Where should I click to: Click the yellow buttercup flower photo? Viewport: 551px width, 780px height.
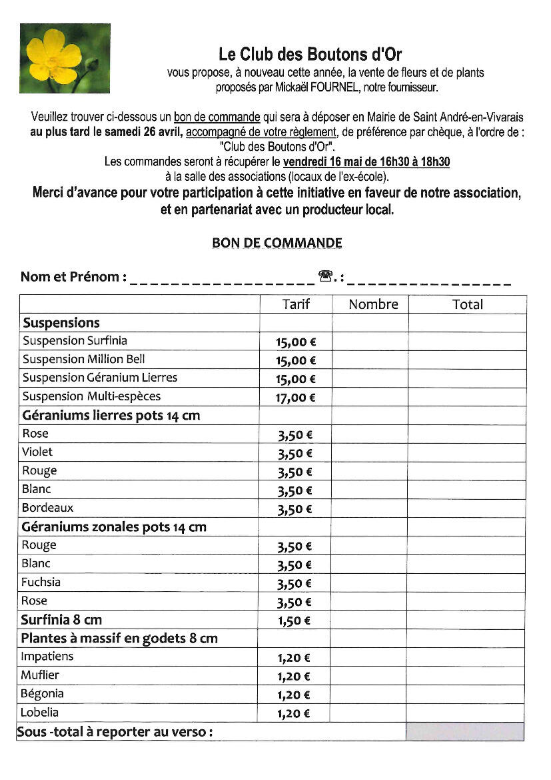[x=65, y=58]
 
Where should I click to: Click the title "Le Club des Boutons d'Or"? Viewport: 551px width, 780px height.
[x=310, y=54]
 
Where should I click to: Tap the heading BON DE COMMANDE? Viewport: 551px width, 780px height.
[x=276, y=243]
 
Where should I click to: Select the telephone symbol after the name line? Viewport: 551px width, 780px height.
[x=326, y=276]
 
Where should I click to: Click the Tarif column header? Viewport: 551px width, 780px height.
[x=296, y=304]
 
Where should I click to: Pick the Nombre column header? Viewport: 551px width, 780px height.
[x=373, y=304]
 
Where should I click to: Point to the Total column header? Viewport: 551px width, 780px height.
[x=467, y=304]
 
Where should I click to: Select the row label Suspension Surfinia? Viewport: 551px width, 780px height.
[x=75, y=341]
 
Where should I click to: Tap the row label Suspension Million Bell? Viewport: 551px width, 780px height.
[x=83, y=359]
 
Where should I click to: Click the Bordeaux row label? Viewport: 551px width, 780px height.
[x=47, y=508]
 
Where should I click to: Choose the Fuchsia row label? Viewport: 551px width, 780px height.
[x=41, y=582]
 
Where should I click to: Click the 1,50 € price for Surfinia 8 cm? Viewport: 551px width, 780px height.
[x=294, y=621]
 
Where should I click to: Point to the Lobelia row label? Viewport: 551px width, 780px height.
[x=39, y=712]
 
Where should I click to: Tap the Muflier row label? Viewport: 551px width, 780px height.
[x=40, y=675]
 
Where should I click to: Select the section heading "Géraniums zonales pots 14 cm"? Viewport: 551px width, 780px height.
[x=114, y=526]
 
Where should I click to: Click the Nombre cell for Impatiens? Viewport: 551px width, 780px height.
[x=369, y=657]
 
